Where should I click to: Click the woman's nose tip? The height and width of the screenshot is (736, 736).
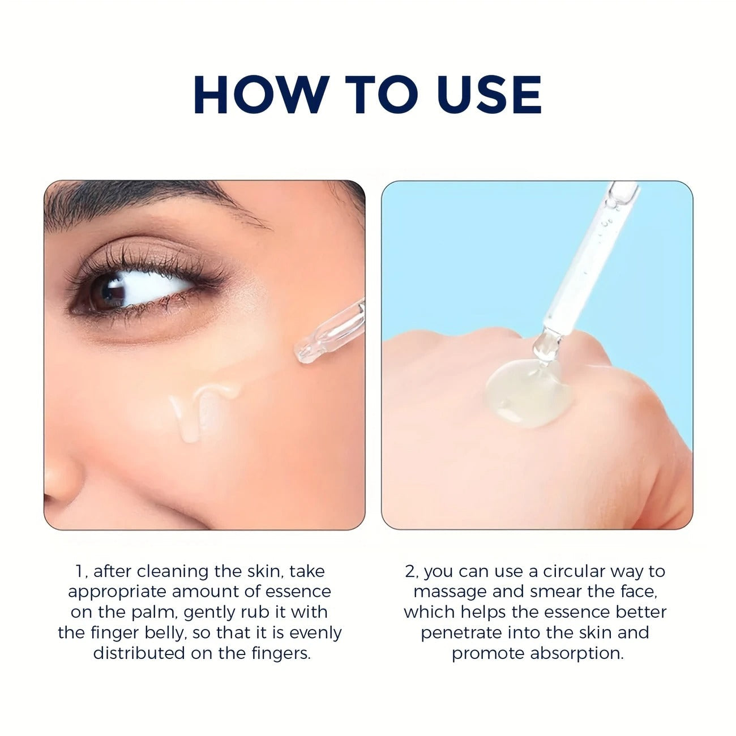(59, 481)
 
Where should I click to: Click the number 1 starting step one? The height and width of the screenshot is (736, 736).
(78, 571)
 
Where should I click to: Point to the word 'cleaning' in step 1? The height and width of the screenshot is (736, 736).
(173, 571)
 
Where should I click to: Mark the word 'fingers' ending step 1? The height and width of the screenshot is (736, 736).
(281, 653)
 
